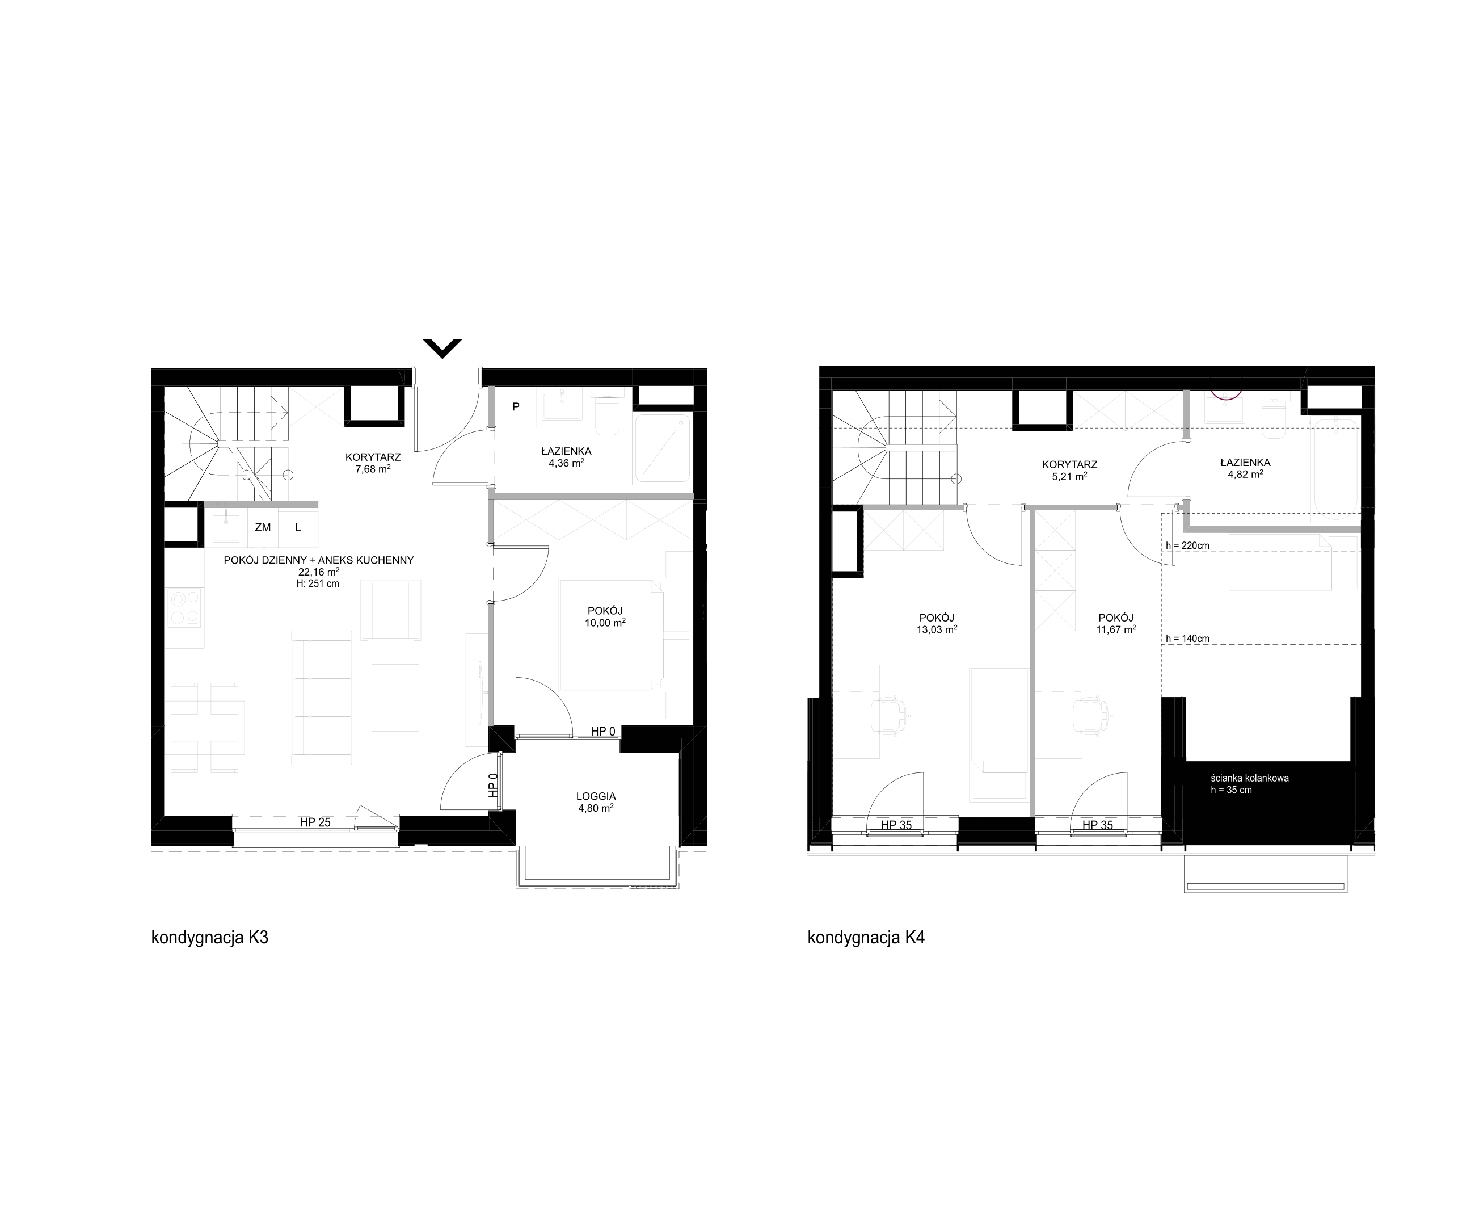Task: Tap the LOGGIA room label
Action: click(596, 796)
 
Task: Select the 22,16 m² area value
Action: click(318, 572)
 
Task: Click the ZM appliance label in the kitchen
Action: click(263, 527)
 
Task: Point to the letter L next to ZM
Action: click(298, 527)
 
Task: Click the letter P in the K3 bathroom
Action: click(516, 406)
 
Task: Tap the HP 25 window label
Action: click(315, 822)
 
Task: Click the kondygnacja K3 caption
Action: click(209, 938)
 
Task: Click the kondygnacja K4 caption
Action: click(866, 938)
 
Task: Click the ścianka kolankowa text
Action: click(1250, 778)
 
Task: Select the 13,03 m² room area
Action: click(936, 629)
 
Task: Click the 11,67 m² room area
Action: click(1116, 629)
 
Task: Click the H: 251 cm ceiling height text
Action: click(318, 583)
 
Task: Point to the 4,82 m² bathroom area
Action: click(1245, 473)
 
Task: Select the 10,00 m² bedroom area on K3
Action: click(605, 622)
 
